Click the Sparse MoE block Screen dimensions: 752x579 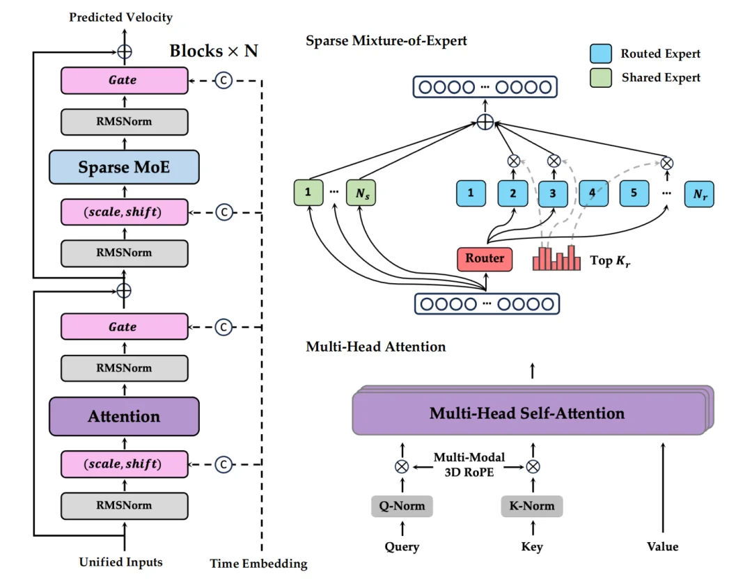pyautogui.click(x=124, y=167)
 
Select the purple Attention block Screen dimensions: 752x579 pyautogui.click(x=124, y=416)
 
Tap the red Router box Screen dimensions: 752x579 pyautogui.click(x=485, y=259)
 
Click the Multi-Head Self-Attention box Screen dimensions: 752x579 pyautogui.click(x=530, y=413)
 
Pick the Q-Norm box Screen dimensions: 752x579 pyautogui.click(x=402, y=506)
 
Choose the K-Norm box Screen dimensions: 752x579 pyautogui.click(x=532, y=506)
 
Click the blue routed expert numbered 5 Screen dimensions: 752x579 pyautogui.click(x=634, y=193)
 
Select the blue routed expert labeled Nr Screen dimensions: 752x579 pyautogui.click(x=699, y=194)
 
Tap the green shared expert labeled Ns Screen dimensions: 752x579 pyautogui.click(x=361, y=193)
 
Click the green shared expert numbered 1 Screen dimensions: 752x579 pyautogui.click(x=308, y=192)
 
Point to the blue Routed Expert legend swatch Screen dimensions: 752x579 pyautogui.click(x=600, y=53)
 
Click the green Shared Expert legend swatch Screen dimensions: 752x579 pyautogui.click(x=600, y=78)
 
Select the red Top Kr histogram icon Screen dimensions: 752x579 pyautogui.click(x=556, y=258)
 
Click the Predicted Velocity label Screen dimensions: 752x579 pyautogui.click(x=121, y=17)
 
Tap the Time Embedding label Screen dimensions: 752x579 pyautogui.click(x=258, y=564)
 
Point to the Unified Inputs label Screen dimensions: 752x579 pyautogui.click(x=121, y=562)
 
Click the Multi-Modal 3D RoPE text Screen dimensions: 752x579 pyautogui.click(x=469, y=464)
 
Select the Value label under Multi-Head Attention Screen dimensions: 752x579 pyautogui.click(x=662, y=546)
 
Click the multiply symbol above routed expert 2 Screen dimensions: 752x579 pyautogui.click(x=513, y=161)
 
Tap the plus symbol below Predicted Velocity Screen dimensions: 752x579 pyautogui.click(x=125, y=51)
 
